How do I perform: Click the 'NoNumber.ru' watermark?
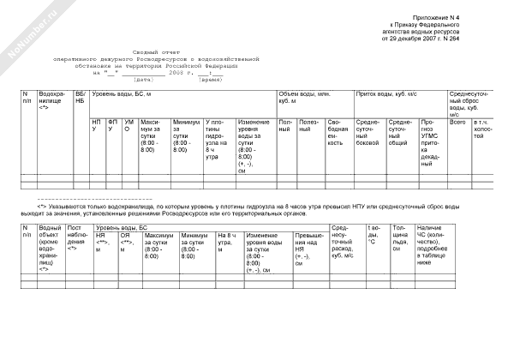[26, 33]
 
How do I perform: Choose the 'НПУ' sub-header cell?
[97, 127]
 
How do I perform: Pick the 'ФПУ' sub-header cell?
[112, 127]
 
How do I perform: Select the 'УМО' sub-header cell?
[128, 127]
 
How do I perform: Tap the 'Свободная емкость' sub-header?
[336, 133]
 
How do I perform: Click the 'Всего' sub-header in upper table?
[457, 123]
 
